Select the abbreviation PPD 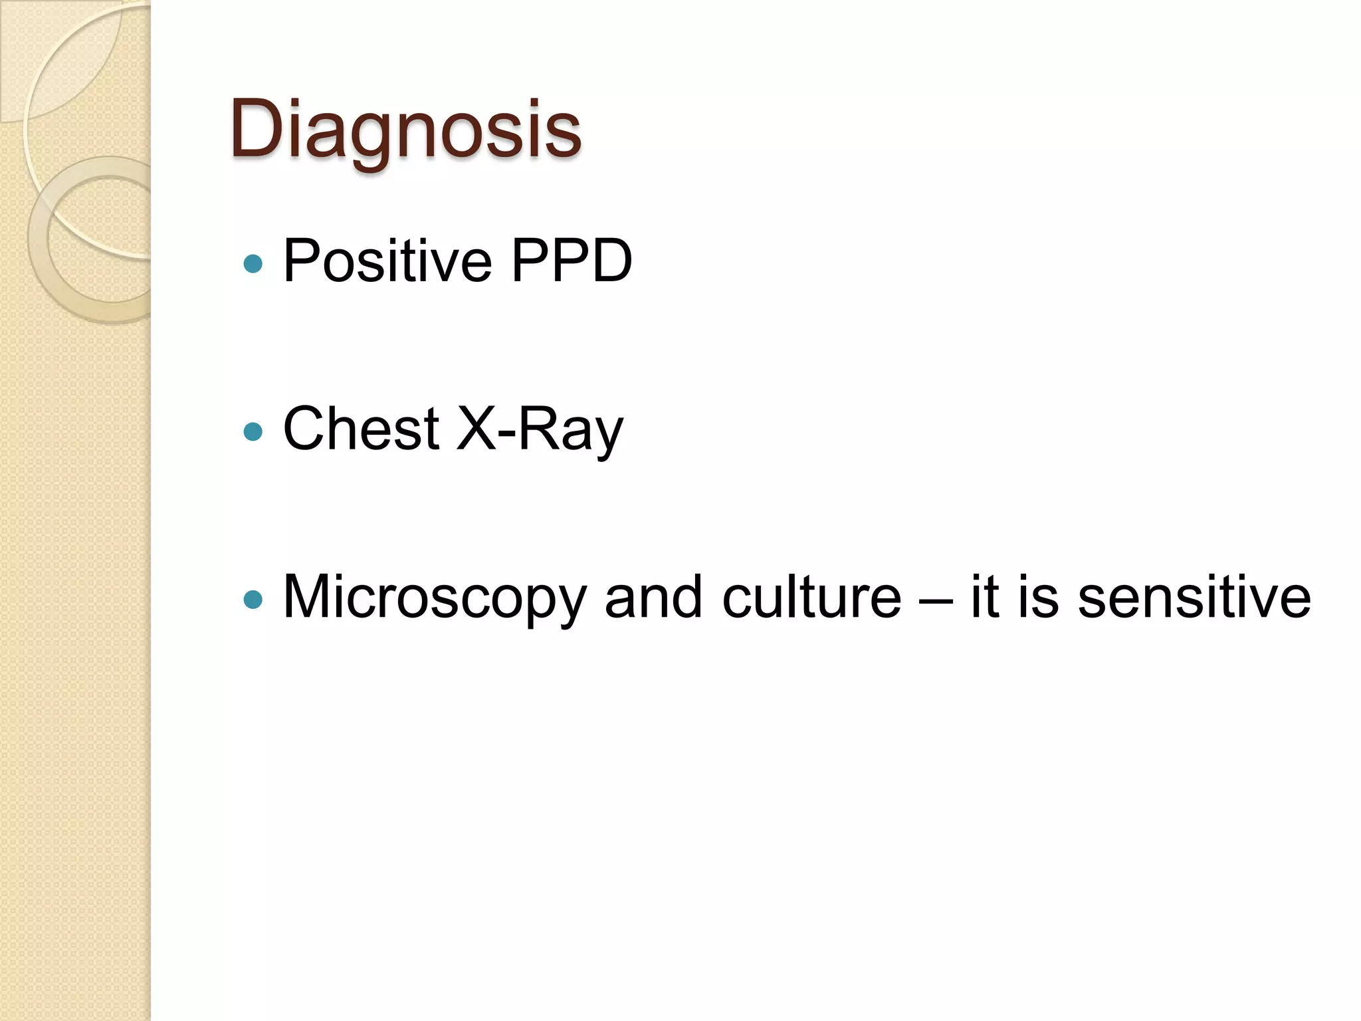571,261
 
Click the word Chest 361,429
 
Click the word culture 811,597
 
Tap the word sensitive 1194,597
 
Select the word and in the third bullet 653,597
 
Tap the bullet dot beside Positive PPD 253,264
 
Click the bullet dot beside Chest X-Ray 253,432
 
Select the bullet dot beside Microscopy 253,600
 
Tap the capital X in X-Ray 476,429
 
